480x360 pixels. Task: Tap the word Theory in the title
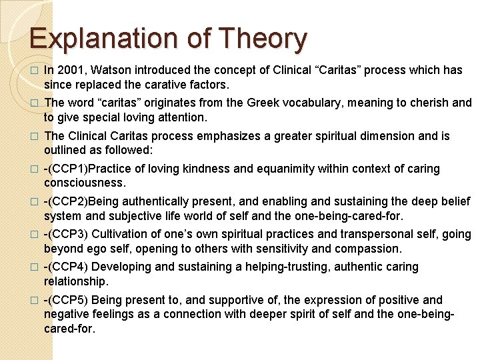pos(265,39)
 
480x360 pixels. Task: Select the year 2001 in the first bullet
pos(71,70)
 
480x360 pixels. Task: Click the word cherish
pos(428,103)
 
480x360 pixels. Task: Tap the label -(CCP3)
pos(65,234)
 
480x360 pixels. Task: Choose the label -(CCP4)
pos(65,267)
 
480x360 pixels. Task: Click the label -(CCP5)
pos(65,299)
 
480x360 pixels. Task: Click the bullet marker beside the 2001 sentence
pos(35,71)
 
